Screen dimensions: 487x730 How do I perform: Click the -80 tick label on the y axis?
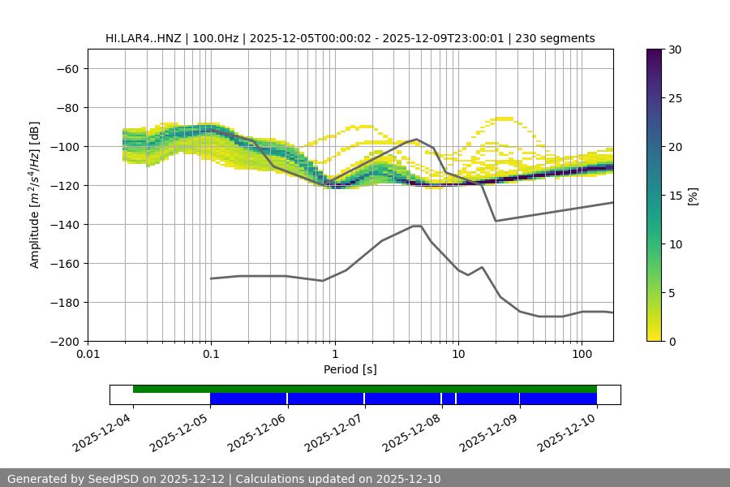[67, 107]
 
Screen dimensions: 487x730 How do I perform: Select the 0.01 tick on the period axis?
[88, 354]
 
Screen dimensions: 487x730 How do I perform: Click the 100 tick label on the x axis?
[582, 354]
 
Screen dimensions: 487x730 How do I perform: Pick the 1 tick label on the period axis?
[334, 354]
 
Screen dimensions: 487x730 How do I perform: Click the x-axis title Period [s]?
[350, 369]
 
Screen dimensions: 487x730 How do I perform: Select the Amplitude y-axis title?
[35, 195]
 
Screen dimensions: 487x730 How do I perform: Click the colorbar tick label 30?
[674, 50]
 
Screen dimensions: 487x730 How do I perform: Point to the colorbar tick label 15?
[674, 195]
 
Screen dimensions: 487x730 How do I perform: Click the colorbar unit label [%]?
[693, 195]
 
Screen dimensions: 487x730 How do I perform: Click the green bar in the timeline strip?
[365, 389]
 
